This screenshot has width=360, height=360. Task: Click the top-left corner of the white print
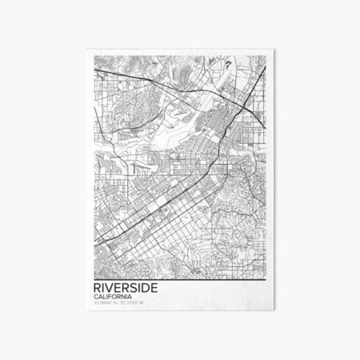tap(83, 49)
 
